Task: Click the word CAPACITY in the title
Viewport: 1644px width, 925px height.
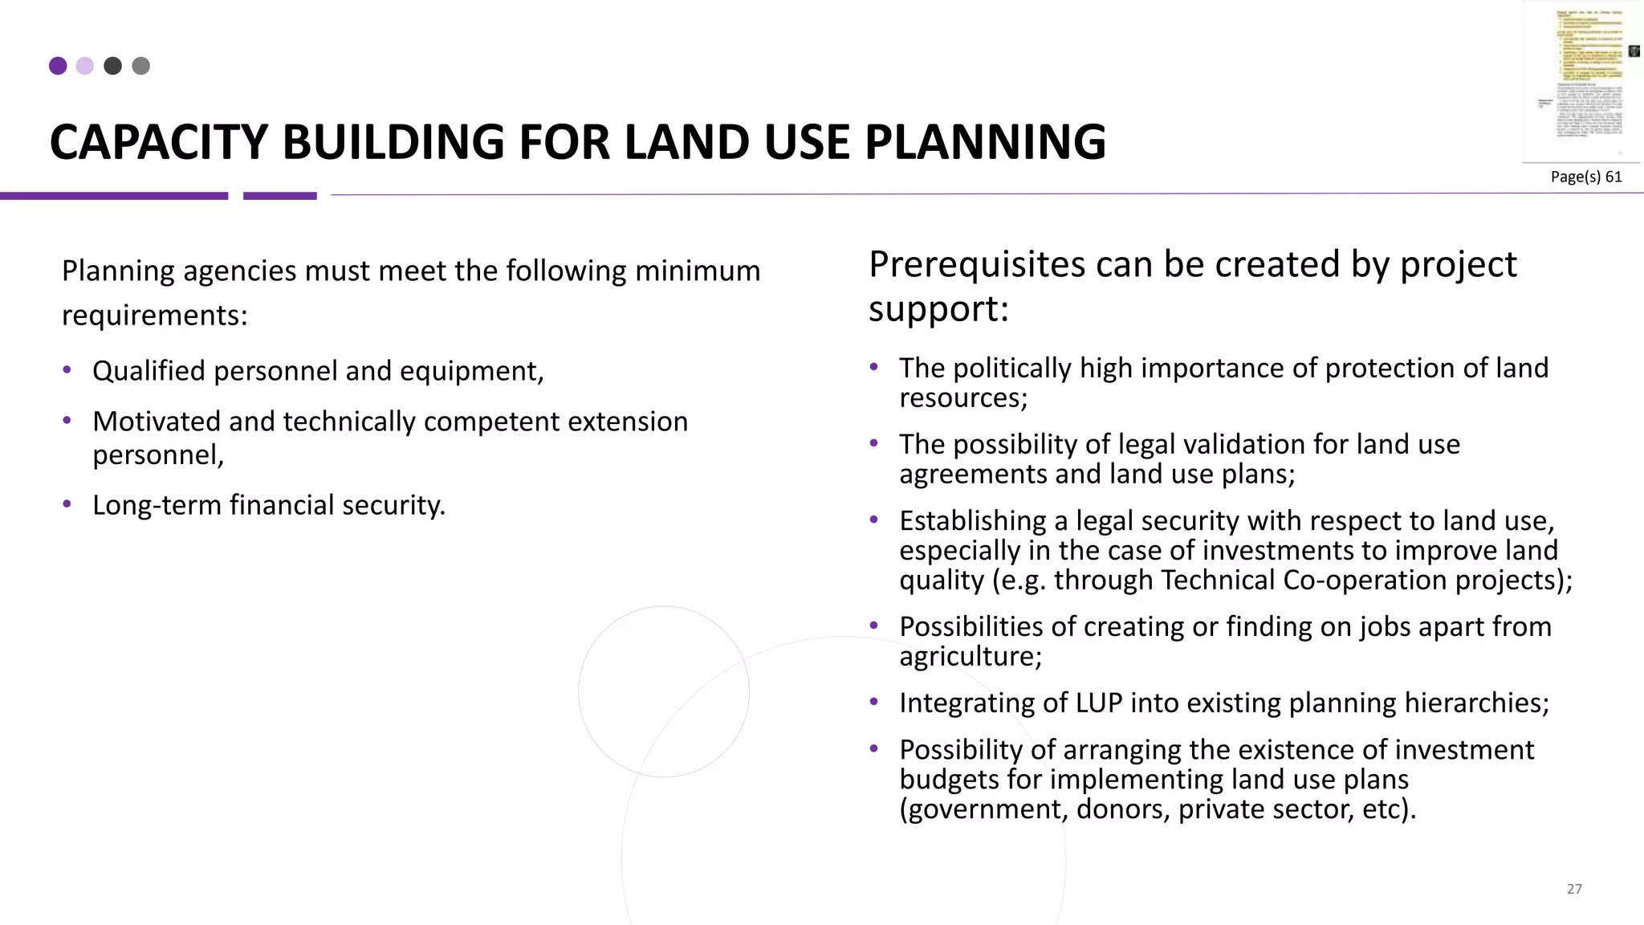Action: click(157, 143)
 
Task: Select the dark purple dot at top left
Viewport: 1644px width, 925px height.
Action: click(58, 66)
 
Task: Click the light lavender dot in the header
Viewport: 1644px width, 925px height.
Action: click(85, 66)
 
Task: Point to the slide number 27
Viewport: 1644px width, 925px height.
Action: click(1574, 889)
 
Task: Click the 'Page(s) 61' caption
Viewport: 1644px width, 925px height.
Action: click(1585, 177)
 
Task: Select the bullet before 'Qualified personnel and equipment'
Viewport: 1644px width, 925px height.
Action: click(67, 370)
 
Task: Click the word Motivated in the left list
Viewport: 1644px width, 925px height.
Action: click(156, 422)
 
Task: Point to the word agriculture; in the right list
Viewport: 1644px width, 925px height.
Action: click(970, 657)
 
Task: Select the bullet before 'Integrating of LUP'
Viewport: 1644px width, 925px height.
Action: click(874, 703)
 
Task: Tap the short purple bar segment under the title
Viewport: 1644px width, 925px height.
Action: click(280, 196)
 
